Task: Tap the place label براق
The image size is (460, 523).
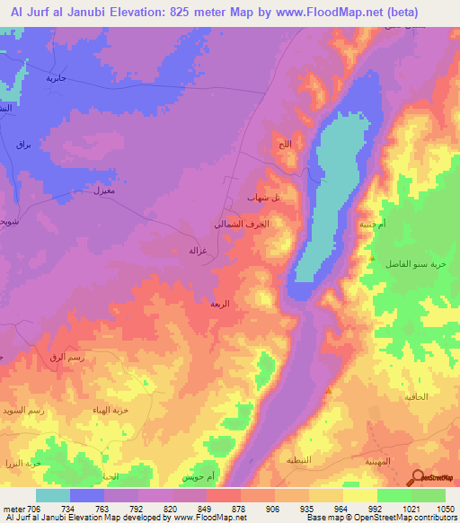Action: pyautogui.click(x=24, y=143)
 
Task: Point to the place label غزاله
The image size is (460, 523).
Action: pyautogui.click(x=198, y=249)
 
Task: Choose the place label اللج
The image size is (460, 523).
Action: pyautogui.click(x=285, y=144)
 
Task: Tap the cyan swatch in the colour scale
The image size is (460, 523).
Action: pyautogui.click(x=53, y=495)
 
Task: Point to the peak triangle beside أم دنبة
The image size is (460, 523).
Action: pyautogui.click(x=371, y=258)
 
